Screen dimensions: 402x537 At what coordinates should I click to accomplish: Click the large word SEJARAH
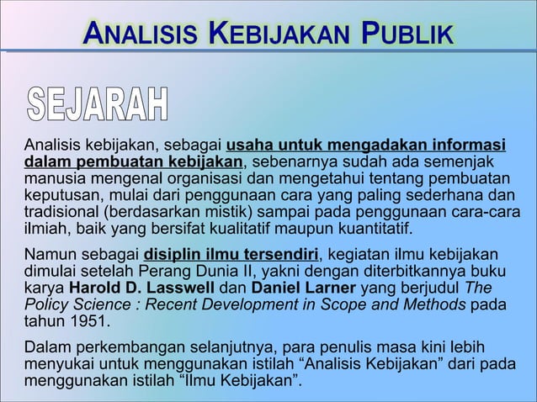(x=99, y=102)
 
